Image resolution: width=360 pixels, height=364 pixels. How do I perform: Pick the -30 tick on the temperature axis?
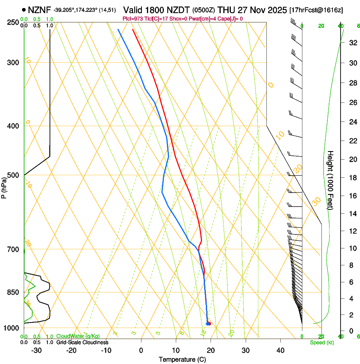pos(36,350)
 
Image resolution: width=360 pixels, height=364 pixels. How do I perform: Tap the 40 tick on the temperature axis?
pos(280,350)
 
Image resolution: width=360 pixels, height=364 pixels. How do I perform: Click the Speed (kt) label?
pos(321,342)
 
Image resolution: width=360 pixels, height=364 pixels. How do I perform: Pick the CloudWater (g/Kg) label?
pos(78,336)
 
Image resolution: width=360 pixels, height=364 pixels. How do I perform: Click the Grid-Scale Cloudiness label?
pos(82,342)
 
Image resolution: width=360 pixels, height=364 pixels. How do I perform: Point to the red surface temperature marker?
pos(209,324)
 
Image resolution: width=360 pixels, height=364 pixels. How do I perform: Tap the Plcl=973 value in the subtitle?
pos(133,19)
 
